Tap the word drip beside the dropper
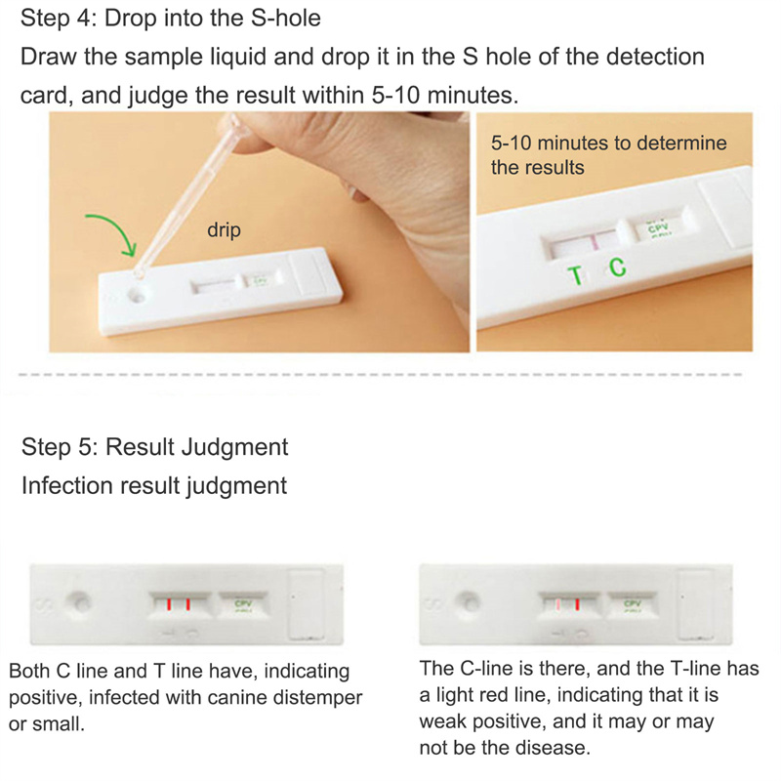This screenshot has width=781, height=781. (224, 229)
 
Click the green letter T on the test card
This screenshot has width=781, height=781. (575, 275)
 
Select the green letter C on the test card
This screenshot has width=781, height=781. (618, 267)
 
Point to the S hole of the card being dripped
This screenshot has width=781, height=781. (137, 296)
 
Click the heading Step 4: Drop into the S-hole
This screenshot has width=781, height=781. (170, 19)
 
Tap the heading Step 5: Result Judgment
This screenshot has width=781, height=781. (154, 447)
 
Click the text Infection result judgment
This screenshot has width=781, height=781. (154, 485)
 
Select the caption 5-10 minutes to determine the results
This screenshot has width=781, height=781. (608, 155)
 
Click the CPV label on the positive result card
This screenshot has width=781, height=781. (243, 603)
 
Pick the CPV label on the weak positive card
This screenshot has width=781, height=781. (633, 603)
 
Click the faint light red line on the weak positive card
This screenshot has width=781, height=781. (558, 604)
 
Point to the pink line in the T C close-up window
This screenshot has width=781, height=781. (595, 242)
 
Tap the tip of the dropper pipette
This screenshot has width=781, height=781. (139, 274)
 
